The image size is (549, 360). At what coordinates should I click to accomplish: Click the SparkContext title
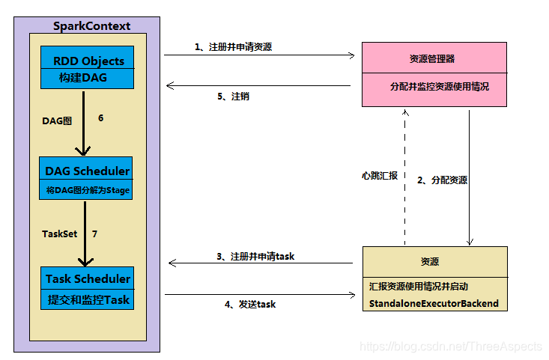click(91, 26)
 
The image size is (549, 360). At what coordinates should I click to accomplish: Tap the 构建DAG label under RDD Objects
click(78, 78)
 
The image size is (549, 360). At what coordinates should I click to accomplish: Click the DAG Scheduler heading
click(87, 171)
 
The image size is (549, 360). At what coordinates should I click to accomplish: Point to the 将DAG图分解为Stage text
click(88, 190)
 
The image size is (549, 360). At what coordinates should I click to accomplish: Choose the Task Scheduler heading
click(88, 279)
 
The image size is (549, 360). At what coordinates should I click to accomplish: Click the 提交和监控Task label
click(87, 299)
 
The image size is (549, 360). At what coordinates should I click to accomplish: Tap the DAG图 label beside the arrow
click(58, 119)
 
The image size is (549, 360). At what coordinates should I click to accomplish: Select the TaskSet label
click(59, 234)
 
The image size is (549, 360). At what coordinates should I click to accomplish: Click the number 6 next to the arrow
click(101, 118)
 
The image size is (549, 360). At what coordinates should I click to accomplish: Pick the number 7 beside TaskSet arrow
click(94, 234)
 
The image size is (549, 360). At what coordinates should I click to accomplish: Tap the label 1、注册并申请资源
click(233, 46)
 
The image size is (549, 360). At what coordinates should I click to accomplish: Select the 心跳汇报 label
click(378, 177)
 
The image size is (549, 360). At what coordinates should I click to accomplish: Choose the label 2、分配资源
click(443, 180)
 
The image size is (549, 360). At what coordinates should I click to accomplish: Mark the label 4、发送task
click(251, 304)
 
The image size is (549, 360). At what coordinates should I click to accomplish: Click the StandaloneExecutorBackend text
click(433, 303)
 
